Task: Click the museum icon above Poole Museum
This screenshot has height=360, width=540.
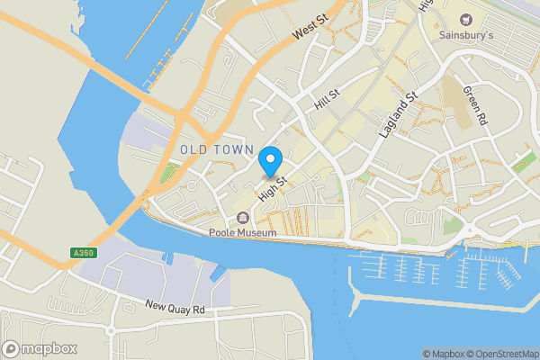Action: tap(242, 218)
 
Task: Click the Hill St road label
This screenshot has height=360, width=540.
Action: tap(325, 99)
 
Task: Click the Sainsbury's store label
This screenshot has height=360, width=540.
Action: tap(466, 36)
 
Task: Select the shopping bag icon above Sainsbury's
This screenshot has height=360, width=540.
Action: tap(466, 20)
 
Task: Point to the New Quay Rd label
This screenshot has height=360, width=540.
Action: tap(176, 309)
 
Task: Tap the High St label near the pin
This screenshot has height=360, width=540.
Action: tap(272, 187)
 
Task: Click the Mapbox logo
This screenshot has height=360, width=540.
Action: tap(40, 348)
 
